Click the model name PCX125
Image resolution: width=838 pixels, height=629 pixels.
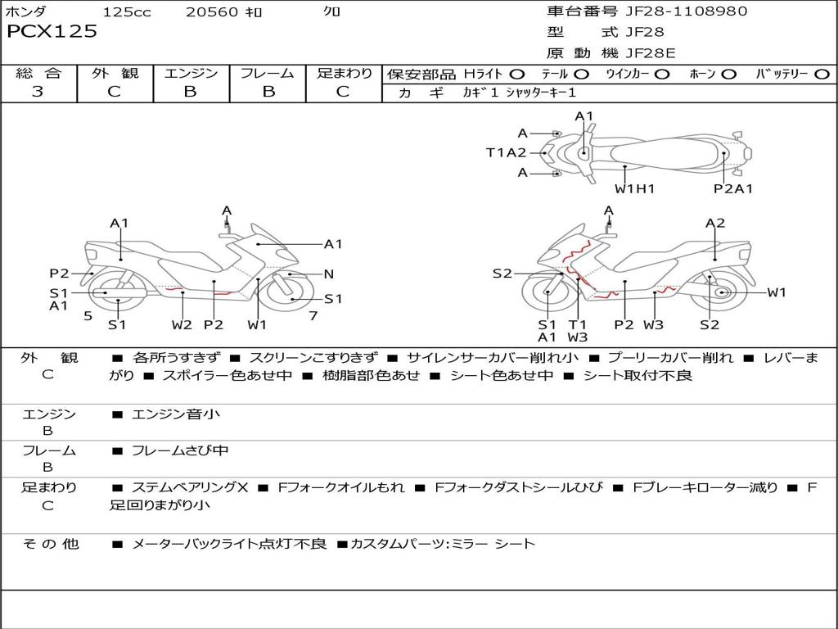point(52,32)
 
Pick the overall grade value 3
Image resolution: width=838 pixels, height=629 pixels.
point(38,92)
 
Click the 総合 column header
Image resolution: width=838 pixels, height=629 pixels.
point(38,74)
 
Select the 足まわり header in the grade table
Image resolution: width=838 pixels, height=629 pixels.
point(344,74)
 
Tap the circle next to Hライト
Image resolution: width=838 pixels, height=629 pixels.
point(517,75)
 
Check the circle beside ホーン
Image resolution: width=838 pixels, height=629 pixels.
point(729,75)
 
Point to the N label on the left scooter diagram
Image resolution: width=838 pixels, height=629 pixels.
point(329,274)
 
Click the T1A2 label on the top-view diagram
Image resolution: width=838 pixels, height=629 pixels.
point(506,152)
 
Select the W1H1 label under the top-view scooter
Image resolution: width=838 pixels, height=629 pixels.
point(635,189)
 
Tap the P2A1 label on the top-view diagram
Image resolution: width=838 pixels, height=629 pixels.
point(733,189)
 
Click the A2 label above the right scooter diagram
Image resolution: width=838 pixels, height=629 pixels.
point(715,223)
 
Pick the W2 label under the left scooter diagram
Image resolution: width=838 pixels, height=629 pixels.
point(182,325)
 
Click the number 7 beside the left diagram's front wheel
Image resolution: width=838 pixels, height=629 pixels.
point(313,315)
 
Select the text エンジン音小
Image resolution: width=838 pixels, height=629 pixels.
point(176,414)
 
